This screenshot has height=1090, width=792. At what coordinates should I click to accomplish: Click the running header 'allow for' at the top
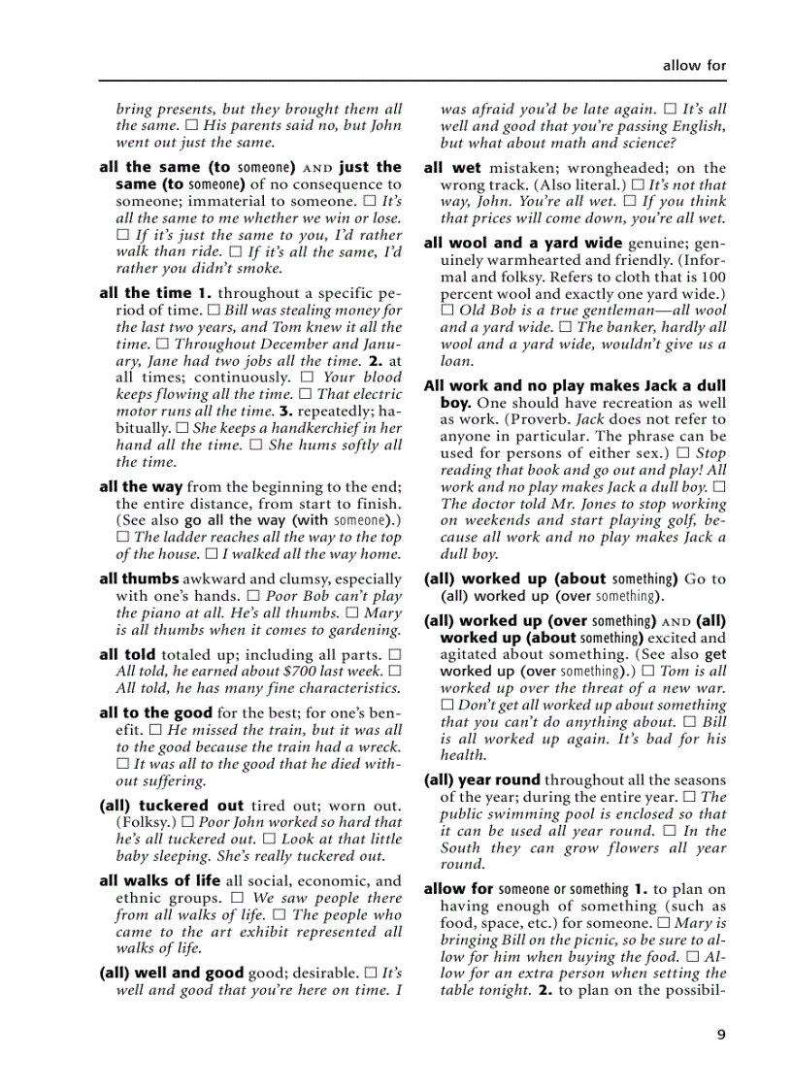pos(694,66)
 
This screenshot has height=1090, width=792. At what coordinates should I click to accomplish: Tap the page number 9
pos(721,1034)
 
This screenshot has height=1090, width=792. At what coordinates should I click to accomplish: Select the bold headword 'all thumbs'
pos(138,578)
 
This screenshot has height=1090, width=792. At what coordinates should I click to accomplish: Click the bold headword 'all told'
pos(128,654)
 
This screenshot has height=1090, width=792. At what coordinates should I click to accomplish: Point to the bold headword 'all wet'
pos(452,168)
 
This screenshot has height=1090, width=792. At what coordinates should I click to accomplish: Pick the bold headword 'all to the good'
pos(155,712)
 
